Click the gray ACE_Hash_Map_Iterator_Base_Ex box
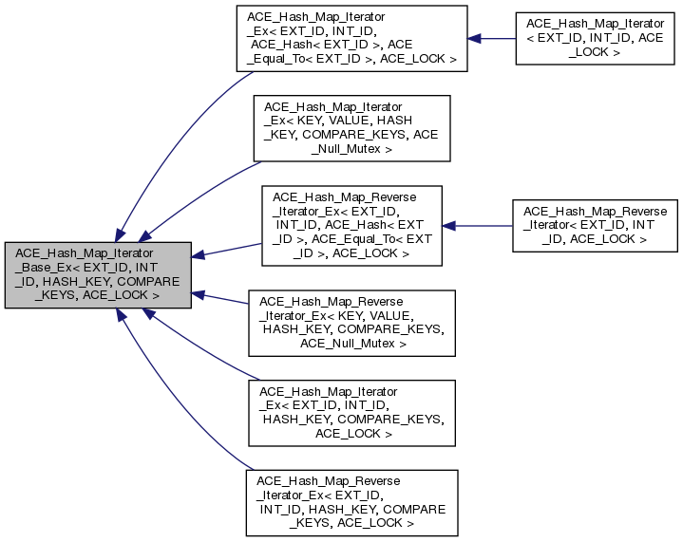click(97, 273)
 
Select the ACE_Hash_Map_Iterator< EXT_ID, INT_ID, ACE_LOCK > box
click(595, 38)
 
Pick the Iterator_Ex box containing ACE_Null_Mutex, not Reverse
click(351, 127)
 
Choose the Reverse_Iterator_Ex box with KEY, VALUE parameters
click(351, 321)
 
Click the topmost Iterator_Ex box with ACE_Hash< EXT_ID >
click(351, 38)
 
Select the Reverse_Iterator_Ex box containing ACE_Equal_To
click(351, 224)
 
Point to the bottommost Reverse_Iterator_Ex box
click(351, 501)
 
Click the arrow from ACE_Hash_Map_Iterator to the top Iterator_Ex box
click(491, 39)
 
